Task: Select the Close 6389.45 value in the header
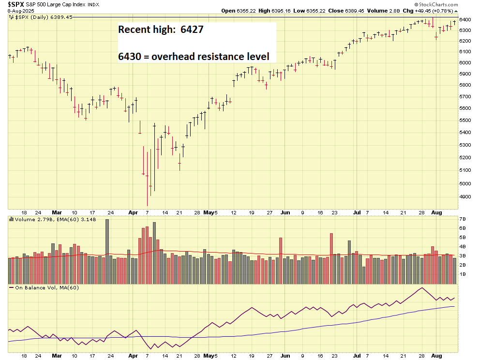pos(330,10)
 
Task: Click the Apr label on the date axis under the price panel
pos(133,212)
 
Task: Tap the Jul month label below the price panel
pos(356,212)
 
